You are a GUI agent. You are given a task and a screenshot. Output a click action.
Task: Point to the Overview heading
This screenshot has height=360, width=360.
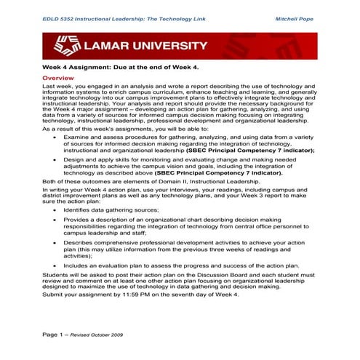pos(57,77)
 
